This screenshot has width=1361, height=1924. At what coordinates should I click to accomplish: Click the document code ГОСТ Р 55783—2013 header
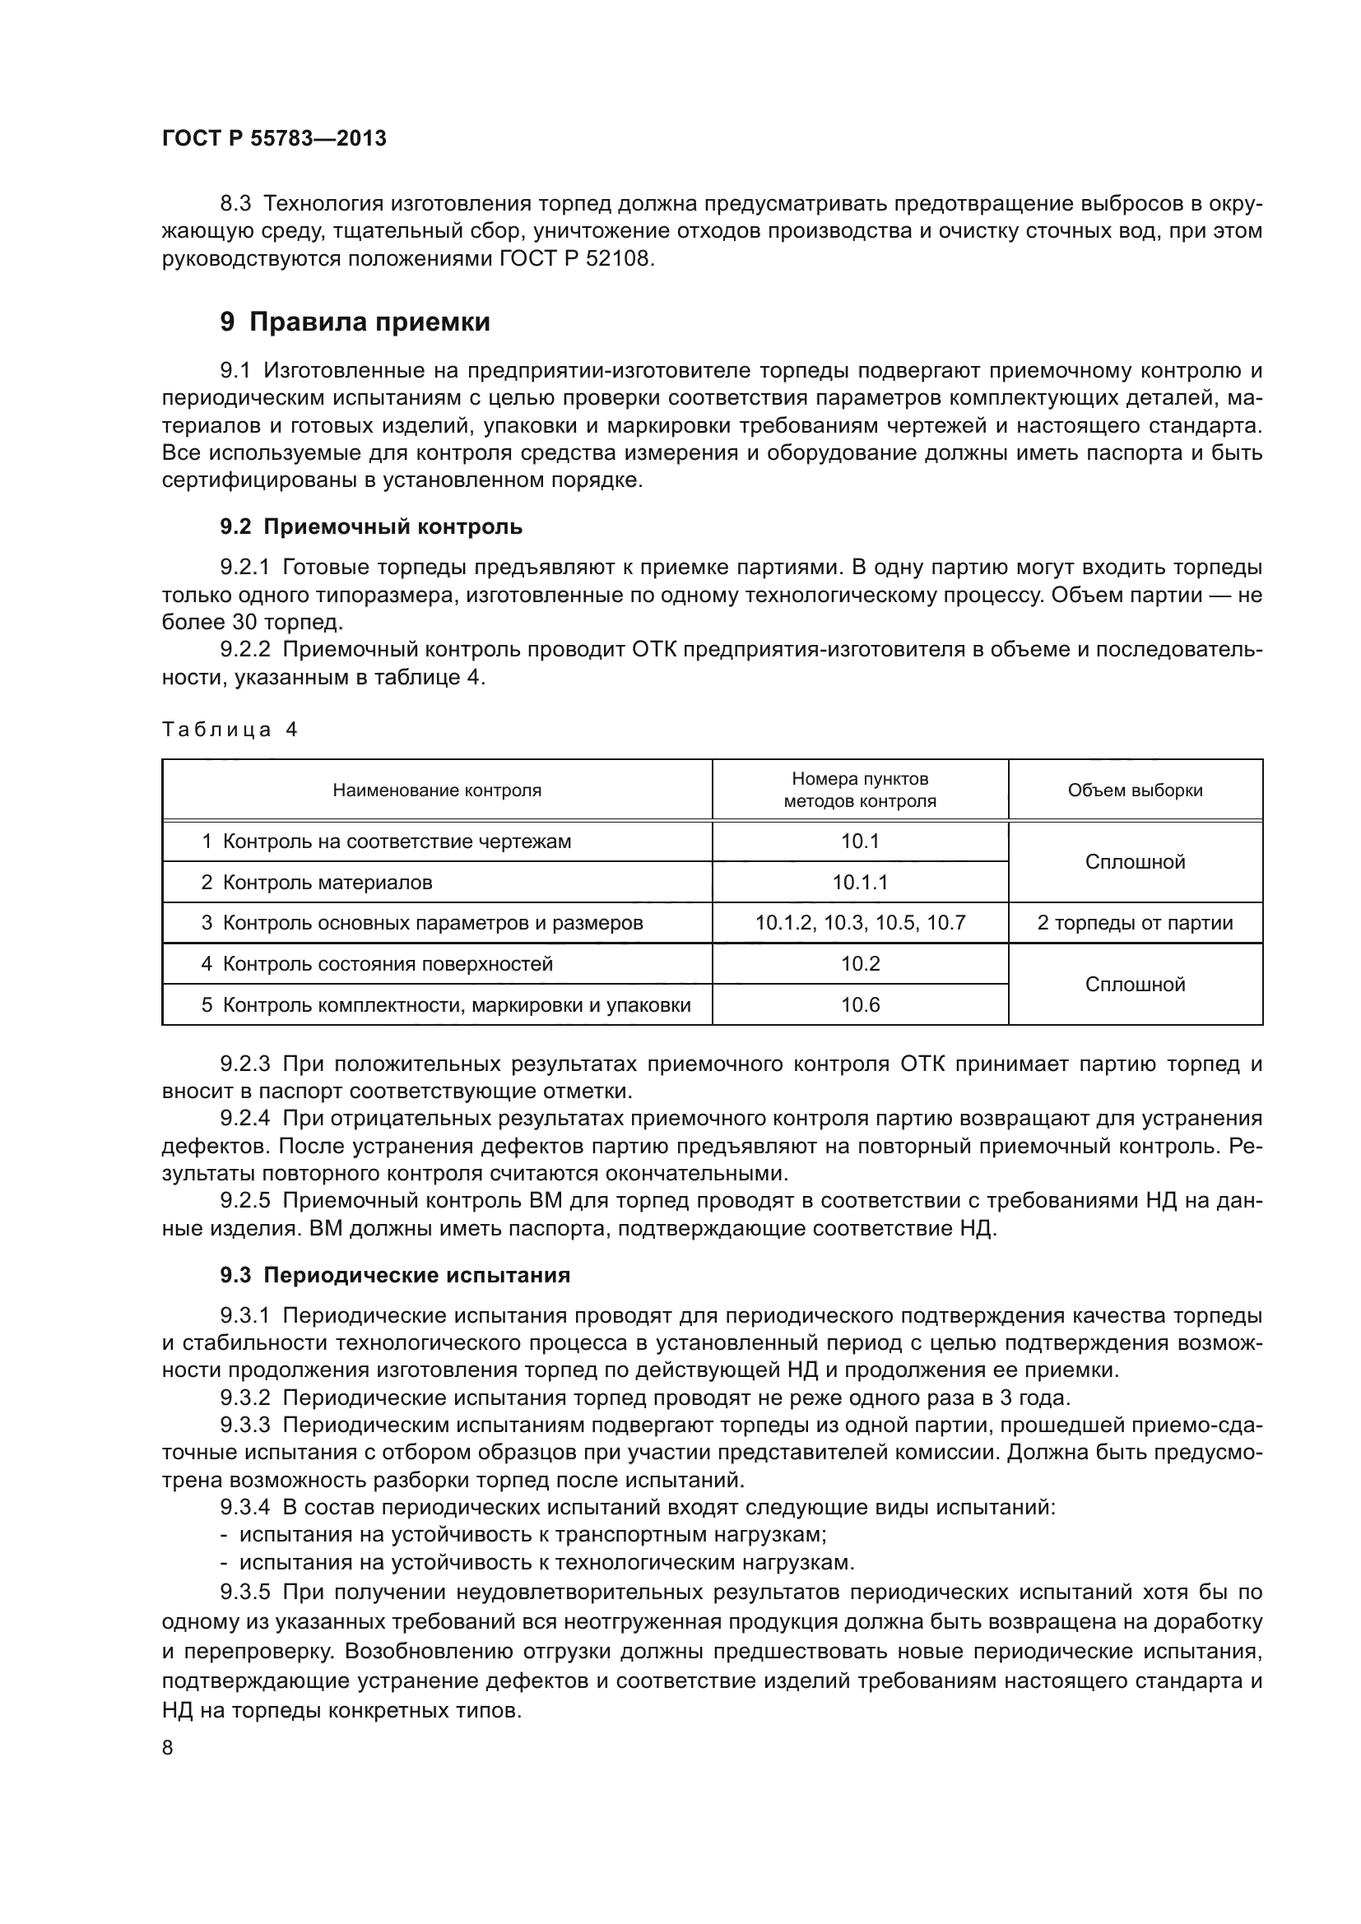pos(274,139)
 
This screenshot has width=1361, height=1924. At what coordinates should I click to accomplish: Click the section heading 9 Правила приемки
pos(355,322)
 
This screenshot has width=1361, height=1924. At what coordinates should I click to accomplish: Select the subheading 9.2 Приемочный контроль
pos(371,526)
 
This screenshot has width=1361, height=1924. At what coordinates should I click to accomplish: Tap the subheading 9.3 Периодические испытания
pos(395,1276)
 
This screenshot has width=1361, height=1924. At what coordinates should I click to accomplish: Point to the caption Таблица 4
pos(230,730)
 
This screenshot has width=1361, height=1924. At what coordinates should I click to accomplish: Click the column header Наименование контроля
pos(437,790)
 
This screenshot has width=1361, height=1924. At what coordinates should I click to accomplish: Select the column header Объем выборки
pos(1135,790)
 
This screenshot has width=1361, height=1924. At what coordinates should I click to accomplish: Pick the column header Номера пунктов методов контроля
pos(860,790)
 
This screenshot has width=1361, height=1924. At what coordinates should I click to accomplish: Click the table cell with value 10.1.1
pos(860,883)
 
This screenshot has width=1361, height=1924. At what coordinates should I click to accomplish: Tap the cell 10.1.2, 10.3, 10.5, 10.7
pos(860,924)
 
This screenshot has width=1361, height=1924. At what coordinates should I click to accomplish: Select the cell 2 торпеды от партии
pos(1135,924)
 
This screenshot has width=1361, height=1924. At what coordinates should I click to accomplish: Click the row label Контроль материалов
pos(327,883)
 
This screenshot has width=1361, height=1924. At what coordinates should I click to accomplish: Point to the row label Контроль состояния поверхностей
pos(388,964)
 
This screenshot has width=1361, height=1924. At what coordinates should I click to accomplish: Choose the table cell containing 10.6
pos(860,1004)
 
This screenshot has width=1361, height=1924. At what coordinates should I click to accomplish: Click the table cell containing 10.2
pos(860,964)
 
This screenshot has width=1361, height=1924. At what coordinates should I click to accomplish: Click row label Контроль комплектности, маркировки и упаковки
pos(456,1004)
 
